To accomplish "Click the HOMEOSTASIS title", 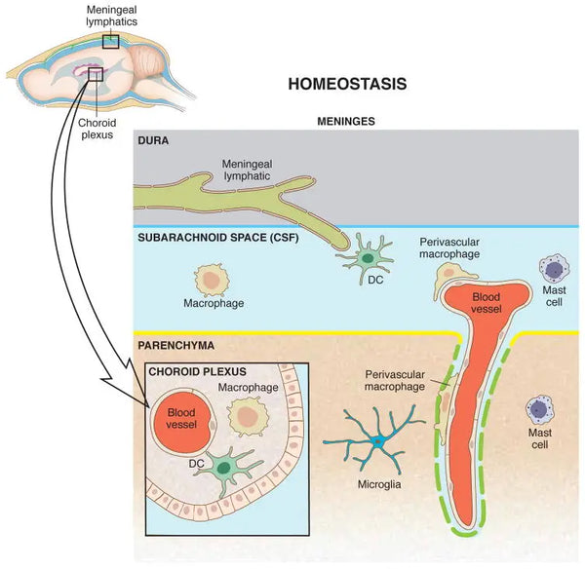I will (347, 84).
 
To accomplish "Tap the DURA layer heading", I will (154, 140).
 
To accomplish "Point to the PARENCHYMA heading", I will (176, 345).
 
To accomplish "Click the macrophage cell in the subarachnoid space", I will (213, 279).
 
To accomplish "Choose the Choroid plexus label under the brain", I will (97, 129).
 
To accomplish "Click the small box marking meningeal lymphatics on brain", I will (110, 41).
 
